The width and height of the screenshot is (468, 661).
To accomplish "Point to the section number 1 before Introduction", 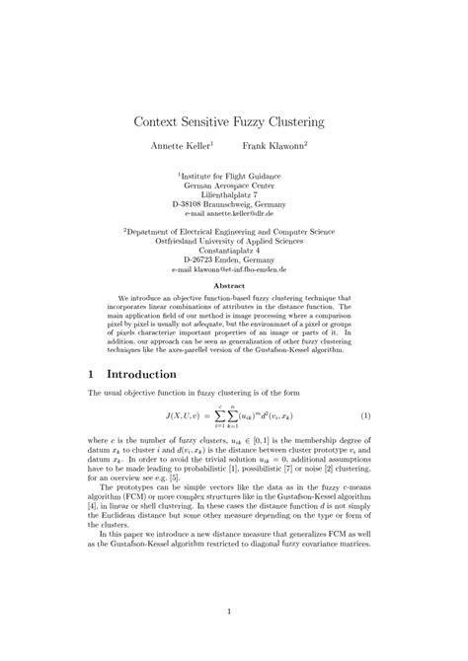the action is pos(91,376).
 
